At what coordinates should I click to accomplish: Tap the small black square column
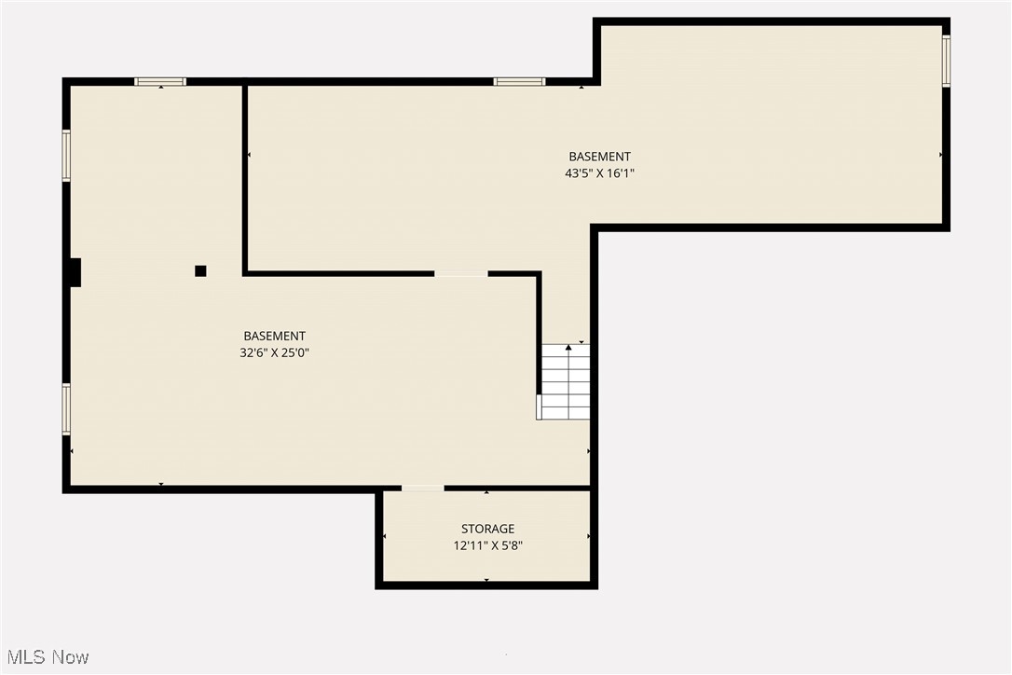[x=200, y=271]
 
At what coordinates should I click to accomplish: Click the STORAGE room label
[x=487, y=530]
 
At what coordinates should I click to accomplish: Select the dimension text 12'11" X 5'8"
[x=487, y=546]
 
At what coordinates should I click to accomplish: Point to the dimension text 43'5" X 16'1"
[x=600, y=173]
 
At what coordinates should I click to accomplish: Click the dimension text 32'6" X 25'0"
[x=274, y=352]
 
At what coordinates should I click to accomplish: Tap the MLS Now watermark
[x=45, y=657]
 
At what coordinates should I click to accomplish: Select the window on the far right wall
[x=946, y=61]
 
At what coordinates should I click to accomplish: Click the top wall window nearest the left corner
[x=160, y=82]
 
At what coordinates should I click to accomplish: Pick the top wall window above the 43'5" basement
[x=519, y=82]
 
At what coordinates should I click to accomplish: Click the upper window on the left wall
[x=66, y=155]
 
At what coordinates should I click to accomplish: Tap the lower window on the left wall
[x=66, y=409]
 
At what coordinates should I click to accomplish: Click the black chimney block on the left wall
[x=75, y=272]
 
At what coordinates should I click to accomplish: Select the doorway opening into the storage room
[x=422, y=488]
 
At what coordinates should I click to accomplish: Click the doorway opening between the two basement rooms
[x=460, y=274]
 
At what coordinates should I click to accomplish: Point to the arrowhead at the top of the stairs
[x=568, y=348]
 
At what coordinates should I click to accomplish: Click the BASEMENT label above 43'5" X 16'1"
[x=600, y=157]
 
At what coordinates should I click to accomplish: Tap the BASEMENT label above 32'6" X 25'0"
[x=274, y=336]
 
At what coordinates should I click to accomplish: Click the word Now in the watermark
[x=71, y=657]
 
